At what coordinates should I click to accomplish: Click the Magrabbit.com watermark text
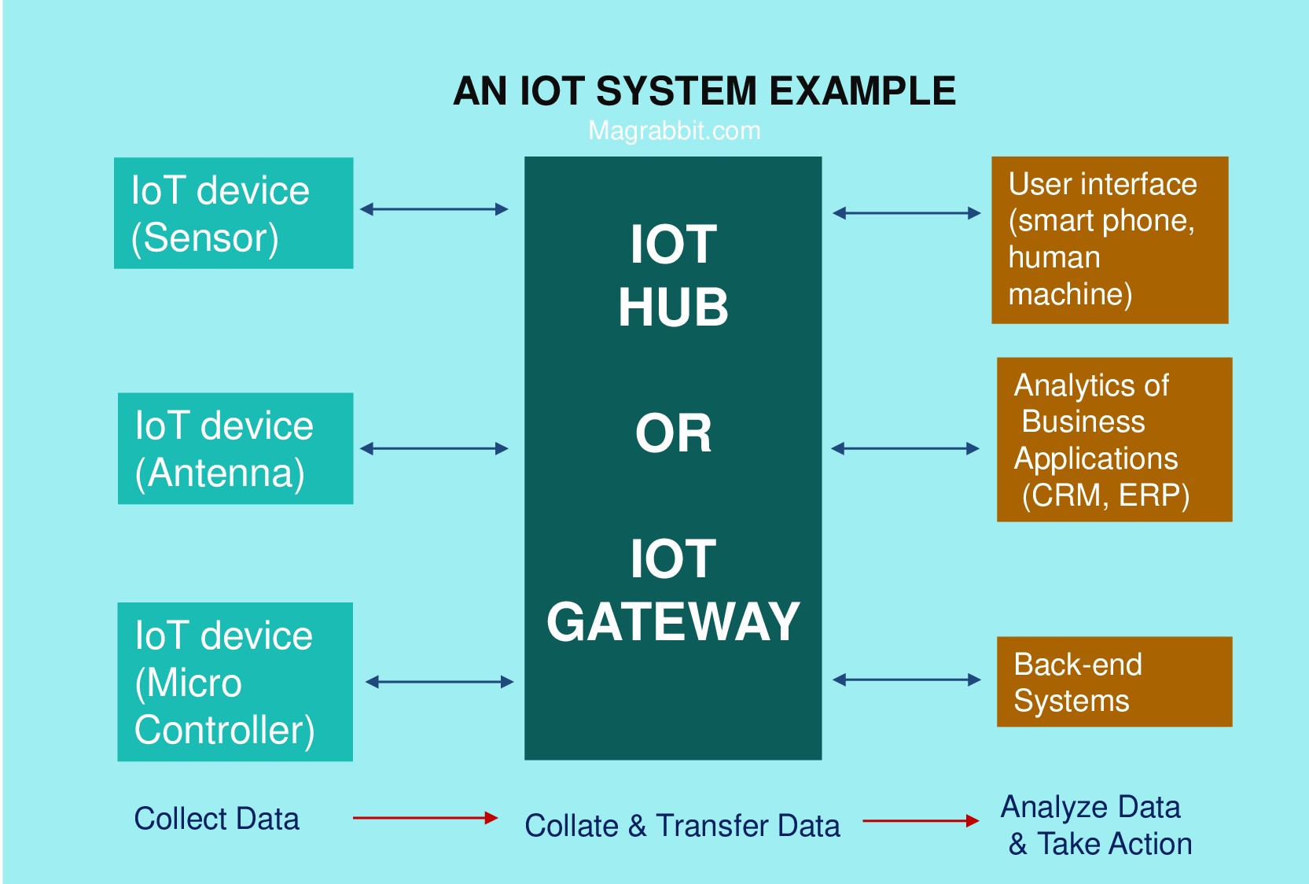(x=675, y=131)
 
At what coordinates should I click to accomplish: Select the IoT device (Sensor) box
(x=233, y=213)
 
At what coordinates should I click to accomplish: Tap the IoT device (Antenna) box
(x=236, y=448)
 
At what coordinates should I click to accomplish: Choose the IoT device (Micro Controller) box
(x=235, y=682)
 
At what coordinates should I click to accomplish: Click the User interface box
(x=1110, y=241)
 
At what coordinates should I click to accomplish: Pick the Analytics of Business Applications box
(x=1114, y=440)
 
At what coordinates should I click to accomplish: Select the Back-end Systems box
(x=1114, y=682)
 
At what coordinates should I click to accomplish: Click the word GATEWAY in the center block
(x=673, y=622)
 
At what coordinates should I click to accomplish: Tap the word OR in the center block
(x=673, y=433)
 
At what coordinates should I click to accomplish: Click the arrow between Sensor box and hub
(x=434, y=209)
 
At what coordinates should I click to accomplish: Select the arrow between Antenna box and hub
(x=434, y=448)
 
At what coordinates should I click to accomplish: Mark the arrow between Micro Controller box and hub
(x=439, y=682)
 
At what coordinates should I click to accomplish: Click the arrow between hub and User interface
(x=906, y=213)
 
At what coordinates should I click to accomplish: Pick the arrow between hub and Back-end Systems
(x=906, y=680)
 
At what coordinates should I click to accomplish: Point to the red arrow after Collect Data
(x=425, y=818)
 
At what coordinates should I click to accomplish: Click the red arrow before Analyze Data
(x=921, y=821)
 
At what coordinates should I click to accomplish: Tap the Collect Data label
(x=217, y=819)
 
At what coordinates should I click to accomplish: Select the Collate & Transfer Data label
(x=682, y=826)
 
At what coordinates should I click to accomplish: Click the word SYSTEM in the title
(x=676, y=91)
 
